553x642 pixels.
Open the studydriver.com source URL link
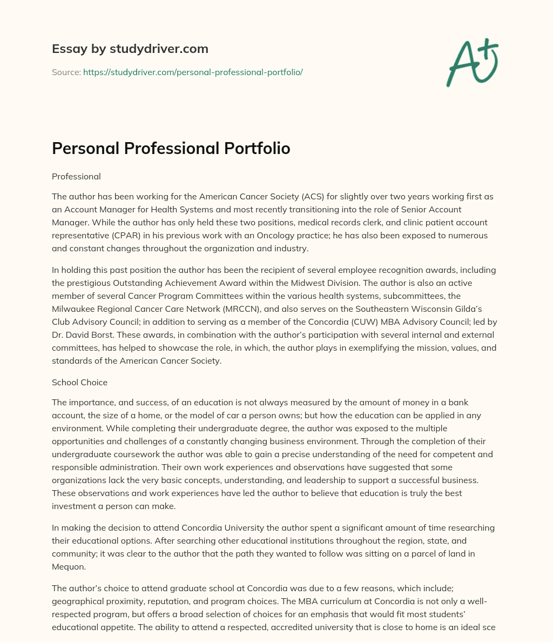[x=193, y=72]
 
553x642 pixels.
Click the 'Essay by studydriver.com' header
[x=130, y=49]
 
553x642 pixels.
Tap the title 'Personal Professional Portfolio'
[x=171, y=149]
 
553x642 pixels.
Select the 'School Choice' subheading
[x=79, y=382]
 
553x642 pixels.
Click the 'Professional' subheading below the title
[x=76, y=176]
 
